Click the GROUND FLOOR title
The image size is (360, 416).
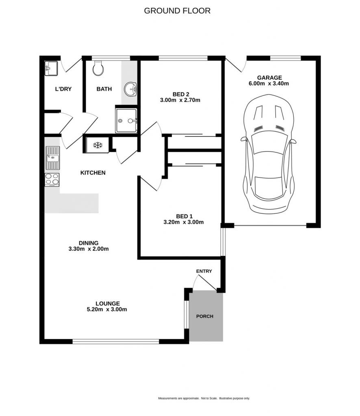coord(177,11)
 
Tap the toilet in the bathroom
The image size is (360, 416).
coord(98,68)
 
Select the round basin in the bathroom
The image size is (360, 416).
coord(130,89)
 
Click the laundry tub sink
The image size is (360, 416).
coord(51,68)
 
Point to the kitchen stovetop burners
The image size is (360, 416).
coord(52,179)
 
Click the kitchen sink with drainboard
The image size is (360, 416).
coord(52,158)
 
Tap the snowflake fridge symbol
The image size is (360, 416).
coord(98,145)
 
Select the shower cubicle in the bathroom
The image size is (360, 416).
coord(126,120)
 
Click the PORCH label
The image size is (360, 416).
coord(204,316)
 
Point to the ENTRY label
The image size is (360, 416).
coord(204,271)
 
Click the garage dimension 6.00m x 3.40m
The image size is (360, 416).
coord(269,84)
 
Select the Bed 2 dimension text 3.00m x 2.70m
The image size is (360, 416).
coord(180,100)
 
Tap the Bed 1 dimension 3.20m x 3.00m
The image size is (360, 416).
coord(184,222)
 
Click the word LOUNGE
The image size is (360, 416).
coord(108,303)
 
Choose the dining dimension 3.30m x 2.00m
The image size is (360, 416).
coord(89,249)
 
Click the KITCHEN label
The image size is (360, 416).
coord(93,173)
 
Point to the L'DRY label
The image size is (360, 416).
coord(63,89)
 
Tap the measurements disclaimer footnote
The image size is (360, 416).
coord(204,398)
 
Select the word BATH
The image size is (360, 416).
coord(104,89)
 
